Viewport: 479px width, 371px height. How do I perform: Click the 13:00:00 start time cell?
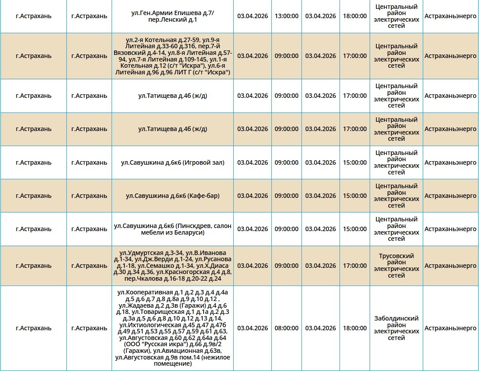coord(286,16)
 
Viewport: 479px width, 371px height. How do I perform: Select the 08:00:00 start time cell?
coord(286,328)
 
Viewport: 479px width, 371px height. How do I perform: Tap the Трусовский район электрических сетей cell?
coord(396,266)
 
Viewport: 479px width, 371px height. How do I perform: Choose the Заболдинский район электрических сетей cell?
coord(396,328)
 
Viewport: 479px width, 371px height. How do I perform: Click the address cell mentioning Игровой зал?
coord(173,162)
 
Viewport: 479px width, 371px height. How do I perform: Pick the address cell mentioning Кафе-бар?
coord(173,196)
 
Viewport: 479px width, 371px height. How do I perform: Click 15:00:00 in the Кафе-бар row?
coord(355,196)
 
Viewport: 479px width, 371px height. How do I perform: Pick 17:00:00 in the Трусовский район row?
coord(355,266)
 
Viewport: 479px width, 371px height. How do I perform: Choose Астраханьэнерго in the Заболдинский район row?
coord(450,328)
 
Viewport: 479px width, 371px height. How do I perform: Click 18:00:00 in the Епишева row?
coord(355,16)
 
